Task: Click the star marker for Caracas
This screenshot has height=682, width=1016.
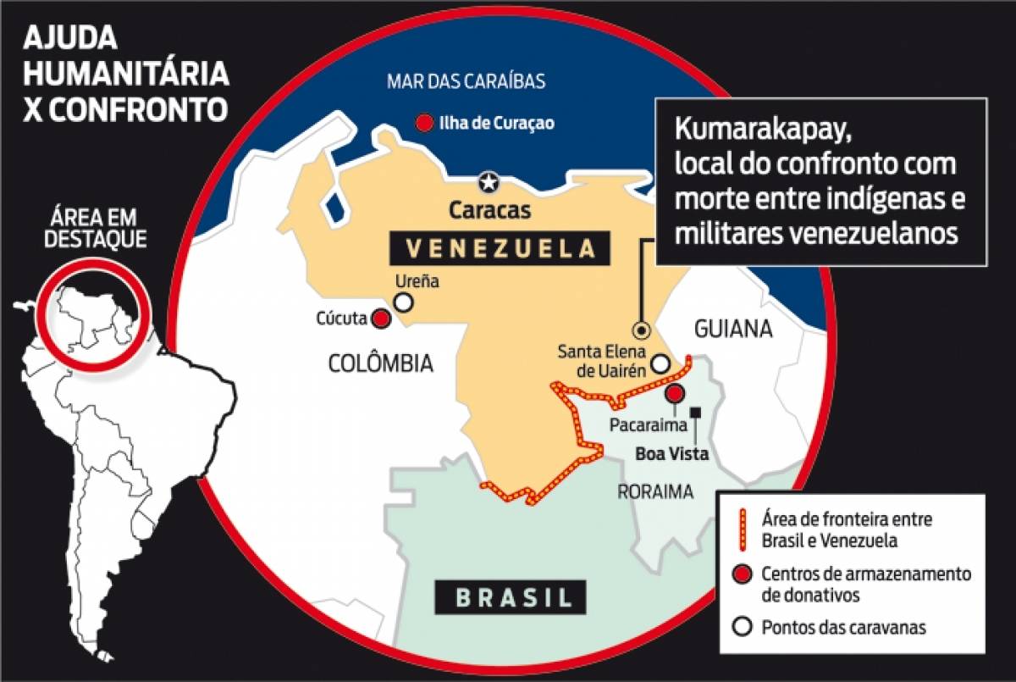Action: [x=489, y=181]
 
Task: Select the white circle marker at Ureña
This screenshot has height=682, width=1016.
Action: [x=405, y=302]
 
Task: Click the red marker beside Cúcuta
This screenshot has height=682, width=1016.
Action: [x=381, y=319]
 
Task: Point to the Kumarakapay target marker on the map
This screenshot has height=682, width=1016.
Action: [x=642, y=330]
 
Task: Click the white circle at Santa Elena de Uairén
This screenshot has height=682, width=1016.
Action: [x=660, y=364]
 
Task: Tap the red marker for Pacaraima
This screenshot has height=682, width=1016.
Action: [x=675, y=394]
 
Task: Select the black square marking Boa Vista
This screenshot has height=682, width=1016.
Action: [x=696, y=413]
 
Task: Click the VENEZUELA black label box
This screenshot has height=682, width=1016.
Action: [x=500, y=248]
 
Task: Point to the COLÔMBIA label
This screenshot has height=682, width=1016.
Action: [x=380, y=364]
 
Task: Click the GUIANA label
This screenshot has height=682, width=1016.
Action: [x=733, y=329]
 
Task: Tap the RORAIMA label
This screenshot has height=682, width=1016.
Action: [x=655, y=491]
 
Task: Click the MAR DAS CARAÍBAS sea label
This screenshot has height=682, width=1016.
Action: [x=466, y=82]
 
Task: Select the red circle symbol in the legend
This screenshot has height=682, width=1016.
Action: [x=743, y=574]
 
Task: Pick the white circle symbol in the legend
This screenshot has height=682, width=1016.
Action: [x=743, y=628]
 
